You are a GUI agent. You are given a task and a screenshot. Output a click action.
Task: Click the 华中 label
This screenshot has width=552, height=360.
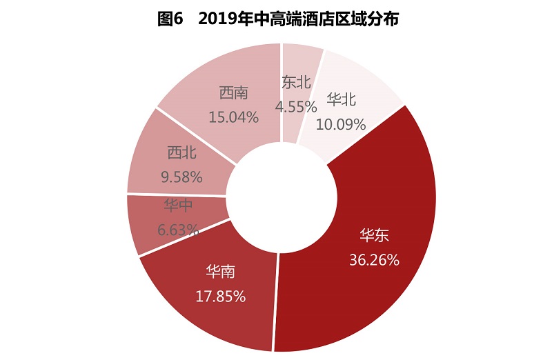pyautogui.click(x=178, y=206)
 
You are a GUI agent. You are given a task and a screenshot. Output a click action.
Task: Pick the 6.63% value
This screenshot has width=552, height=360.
pyautogui.click(x=178, y=230)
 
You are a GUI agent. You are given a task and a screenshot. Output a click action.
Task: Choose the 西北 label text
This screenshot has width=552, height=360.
pyautogui.click(x=181, y=152)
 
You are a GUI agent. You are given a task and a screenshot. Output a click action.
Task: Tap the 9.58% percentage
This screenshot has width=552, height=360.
pyautogui.click(x=181, y=177)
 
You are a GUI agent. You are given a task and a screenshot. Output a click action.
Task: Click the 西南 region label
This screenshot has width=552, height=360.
pyautogui.click(x=234, y=92)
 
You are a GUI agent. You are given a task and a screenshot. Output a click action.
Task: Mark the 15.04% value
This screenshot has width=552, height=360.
pyautogui.click(x=234, y=117)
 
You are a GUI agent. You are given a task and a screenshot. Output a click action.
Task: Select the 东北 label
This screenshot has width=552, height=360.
pyautogui.click(x=297, y=81)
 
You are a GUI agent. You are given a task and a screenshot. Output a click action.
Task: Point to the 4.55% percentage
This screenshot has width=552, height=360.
pyautogui.click(x=296, y=106)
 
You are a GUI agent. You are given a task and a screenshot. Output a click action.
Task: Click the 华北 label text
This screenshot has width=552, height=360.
pyautogui.click(x=342, y=99)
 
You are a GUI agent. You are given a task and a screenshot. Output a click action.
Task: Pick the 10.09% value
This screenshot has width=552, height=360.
pyautogui.click(x=341, y=124)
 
